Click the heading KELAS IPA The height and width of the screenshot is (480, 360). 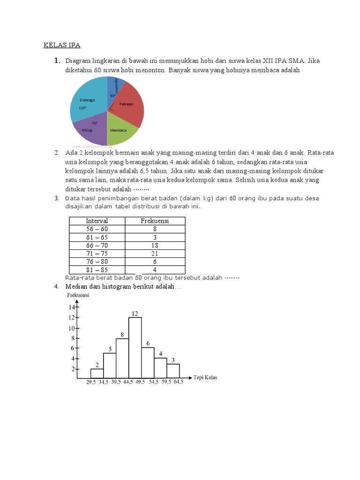pos(62,45)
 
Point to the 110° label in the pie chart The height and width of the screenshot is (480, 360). pos(82,107)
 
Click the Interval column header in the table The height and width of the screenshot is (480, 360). pos(97,221)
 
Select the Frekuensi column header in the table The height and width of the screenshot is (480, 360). pos(155,221)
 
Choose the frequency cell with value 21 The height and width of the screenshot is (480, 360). pos(155,253)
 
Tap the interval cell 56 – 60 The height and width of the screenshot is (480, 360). pos(97,229)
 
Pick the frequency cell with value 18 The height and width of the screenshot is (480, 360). pos(155,245)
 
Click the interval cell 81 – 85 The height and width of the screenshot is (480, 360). pos(97,270)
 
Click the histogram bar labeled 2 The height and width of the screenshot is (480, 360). pos(97,373)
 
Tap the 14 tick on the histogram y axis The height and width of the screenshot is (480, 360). pos(72,307)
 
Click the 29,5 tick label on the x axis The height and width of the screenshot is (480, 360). pos(91,382)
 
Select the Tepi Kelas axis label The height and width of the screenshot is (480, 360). pos(205,377)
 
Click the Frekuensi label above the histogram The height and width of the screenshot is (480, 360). pos(78,295)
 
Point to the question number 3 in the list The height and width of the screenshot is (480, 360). pos(56,198)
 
